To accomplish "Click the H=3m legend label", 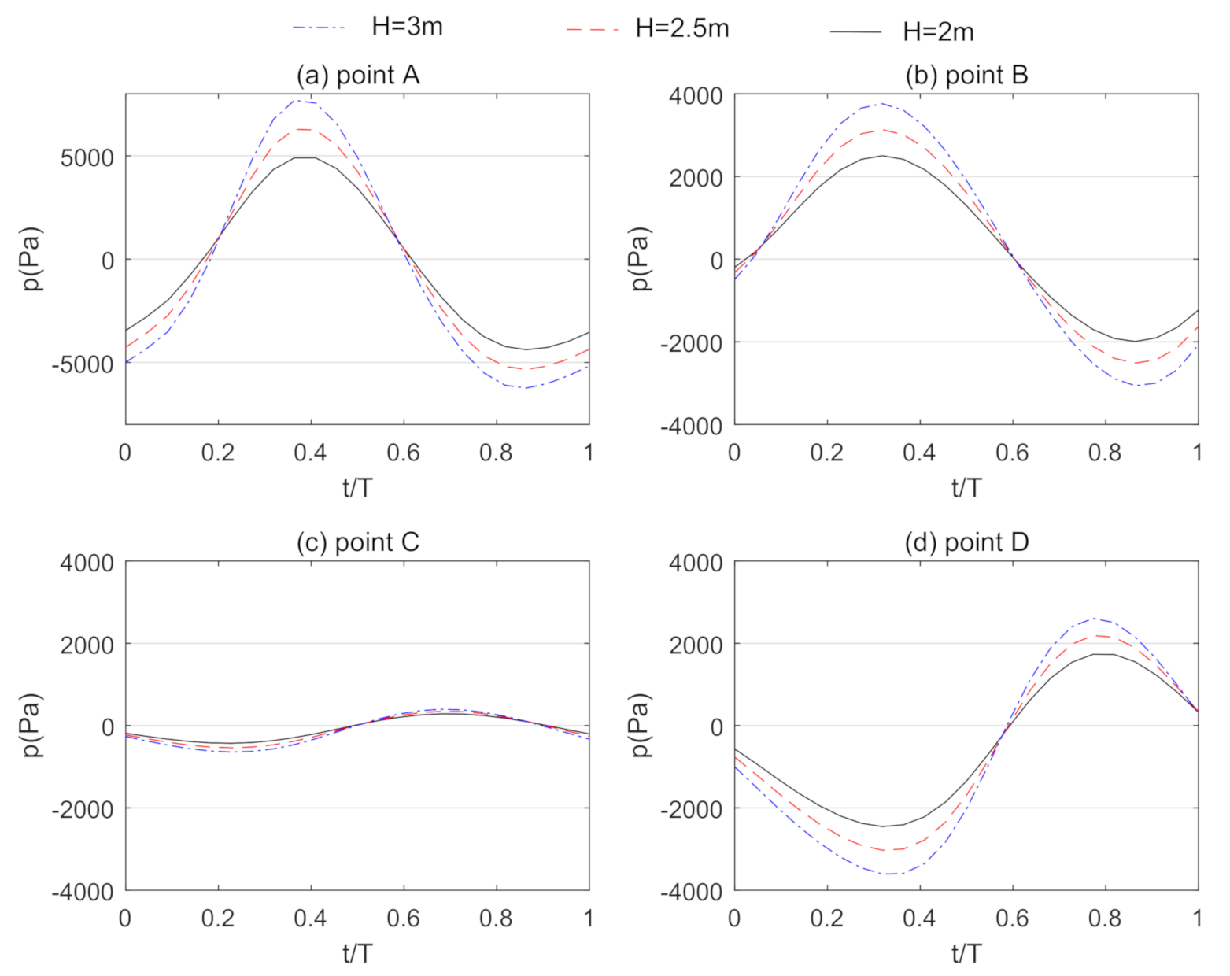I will click(406, 27).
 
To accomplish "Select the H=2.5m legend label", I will click(681, 28).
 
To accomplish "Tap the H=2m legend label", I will click(938, 32).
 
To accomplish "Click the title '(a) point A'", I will click(357, 75).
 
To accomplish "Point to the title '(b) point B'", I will click(966, 75).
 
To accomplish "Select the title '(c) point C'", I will click(357, 542).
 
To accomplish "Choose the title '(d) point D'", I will click(966, 542).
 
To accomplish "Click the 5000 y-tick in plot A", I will click(87, 157).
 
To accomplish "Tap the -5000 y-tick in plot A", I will click(83, 364).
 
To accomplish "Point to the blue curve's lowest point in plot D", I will click(888, 874).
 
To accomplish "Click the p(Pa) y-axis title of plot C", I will click(32, 726).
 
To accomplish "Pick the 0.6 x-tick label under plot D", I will click(1012, 918).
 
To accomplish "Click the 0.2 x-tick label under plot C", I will click(217, 918).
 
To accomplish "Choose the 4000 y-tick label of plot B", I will click(695, 96).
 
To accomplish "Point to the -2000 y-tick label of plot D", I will click(691, 809).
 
